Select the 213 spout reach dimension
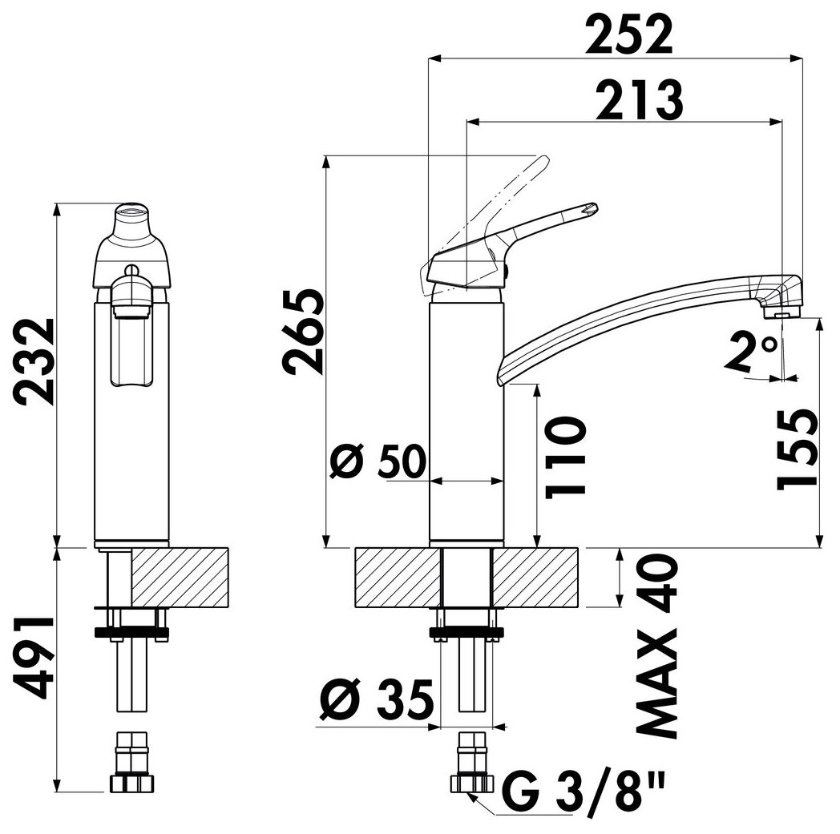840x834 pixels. (640, 101)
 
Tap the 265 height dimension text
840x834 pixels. (305, 332)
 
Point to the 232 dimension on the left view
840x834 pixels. (34, 363)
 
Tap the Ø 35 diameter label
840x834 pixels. (376, 700)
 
